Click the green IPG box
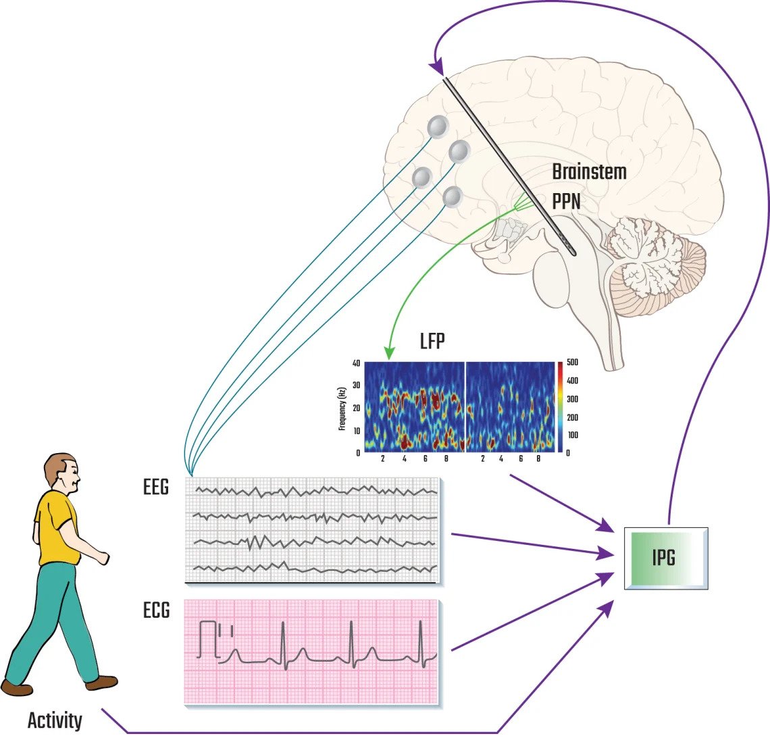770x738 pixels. [x=665, y=558]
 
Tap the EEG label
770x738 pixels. [x=156, y=487]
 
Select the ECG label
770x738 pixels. [x=156, y=610]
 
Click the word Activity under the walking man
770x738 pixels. [x=55, y=721]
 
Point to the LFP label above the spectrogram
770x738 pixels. [x=433, y=341]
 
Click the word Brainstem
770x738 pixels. [x=589, y=172]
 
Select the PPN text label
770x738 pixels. [x=566, y=201]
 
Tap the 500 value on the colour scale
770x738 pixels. [x=572, y=363]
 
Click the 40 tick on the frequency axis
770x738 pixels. [x=356, y=363]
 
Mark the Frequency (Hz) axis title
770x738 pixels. [x=342, y=408]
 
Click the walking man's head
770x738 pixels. [x=62, y=473]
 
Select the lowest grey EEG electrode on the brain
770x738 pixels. [x=453, y=196]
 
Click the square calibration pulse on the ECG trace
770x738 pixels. [x=208, y=639]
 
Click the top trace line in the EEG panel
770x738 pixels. [x=315, y=490]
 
